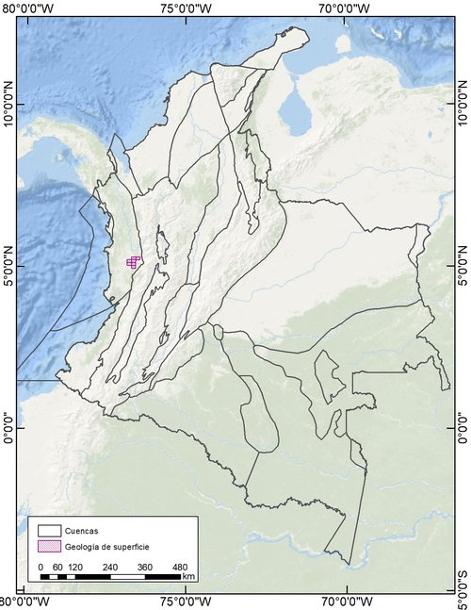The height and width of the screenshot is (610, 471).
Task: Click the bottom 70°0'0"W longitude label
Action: (349, 602)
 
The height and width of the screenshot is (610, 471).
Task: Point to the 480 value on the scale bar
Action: (180, 567)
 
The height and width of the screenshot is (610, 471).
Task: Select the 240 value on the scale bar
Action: (110, 567)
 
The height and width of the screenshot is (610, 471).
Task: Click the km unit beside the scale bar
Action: (188, 576)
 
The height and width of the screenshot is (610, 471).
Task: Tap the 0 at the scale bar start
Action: (41, 567)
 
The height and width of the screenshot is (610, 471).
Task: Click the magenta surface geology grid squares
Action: (133, 262)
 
